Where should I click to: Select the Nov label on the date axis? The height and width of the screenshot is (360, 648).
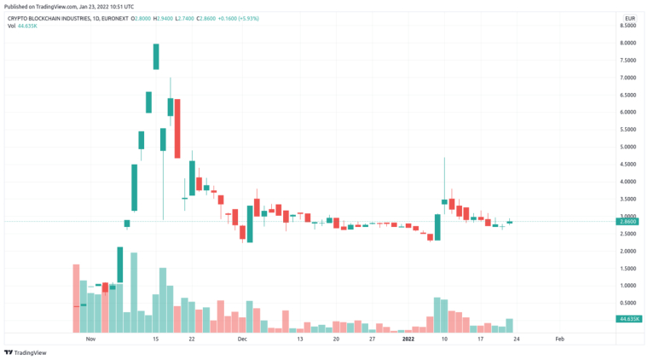point(90,339)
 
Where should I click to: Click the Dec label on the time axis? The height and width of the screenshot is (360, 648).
point(242,339)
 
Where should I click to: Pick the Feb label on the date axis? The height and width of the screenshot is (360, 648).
point(559,339)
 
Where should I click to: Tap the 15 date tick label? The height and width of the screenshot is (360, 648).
point(156,339)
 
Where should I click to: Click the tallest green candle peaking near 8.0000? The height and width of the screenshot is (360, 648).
point(157,56)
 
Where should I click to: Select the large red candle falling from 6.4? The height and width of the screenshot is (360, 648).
point(177,128)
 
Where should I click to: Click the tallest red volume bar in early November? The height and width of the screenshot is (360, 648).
point(76,298)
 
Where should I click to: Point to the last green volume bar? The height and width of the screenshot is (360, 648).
point(510,325)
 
